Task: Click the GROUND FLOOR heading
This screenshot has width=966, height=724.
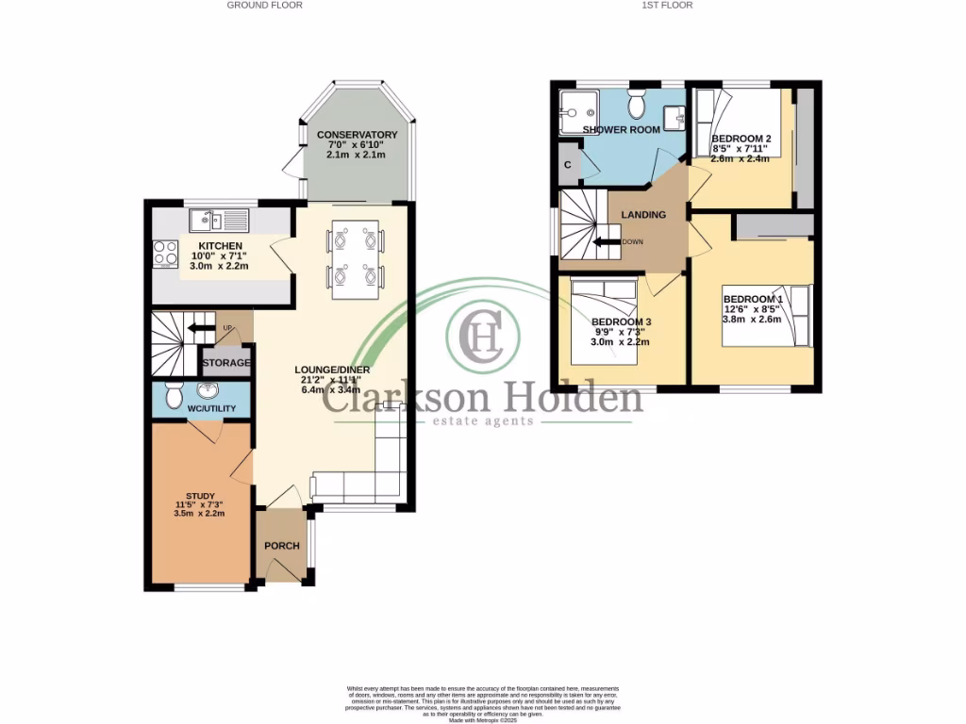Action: (264, 5)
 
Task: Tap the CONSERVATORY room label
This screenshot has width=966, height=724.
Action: (357, 135)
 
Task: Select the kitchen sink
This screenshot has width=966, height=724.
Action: (218, 222)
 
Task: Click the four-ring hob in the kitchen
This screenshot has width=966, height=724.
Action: (167, 253)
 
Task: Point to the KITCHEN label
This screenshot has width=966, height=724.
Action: (220, 246)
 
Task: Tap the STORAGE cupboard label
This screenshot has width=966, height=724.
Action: (226, 363)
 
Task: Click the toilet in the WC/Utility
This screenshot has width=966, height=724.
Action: (173, 395)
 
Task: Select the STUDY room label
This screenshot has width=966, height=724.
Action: (200, 496)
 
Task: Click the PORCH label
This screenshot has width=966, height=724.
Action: (281, 546)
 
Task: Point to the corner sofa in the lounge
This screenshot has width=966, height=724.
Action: (368, 476)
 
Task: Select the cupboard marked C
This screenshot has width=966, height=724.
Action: (567, 164)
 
